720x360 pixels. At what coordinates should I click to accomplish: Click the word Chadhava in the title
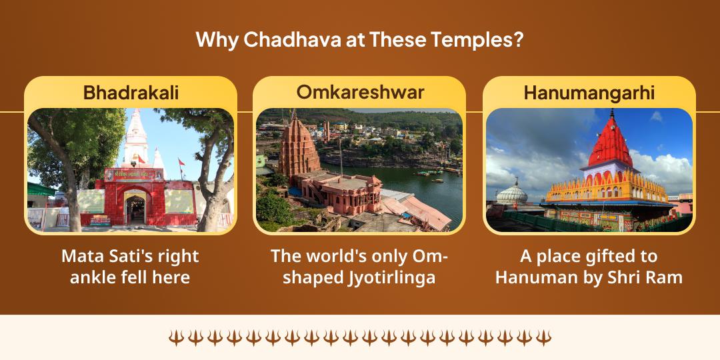click(x=293, y=40)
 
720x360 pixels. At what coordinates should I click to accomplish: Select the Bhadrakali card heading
click(x=131, y=93)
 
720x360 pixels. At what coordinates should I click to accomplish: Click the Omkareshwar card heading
click(x=360, y=92)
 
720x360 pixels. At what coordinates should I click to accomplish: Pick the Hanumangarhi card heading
click(x=589, y=93)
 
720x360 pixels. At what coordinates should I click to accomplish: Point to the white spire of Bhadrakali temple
click(x=136, y=138)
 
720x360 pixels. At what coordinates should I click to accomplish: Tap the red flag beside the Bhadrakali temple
click(x=181, y=162)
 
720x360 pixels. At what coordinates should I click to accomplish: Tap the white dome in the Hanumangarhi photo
click(x=512, y=193)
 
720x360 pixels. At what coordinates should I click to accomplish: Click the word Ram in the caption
click(x=666, y=278)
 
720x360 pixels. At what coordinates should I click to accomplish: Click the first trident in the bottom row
click(x=176, y=337)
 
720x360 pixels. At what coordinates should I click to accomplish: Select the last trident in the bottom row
click(x=544, y=337)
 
